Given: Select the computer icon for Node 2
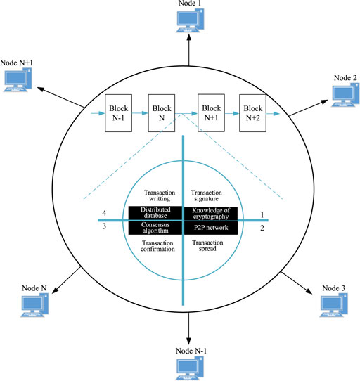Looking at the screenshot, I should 344,91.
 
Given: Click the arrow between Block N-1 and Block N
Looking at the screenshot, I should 139,110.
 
